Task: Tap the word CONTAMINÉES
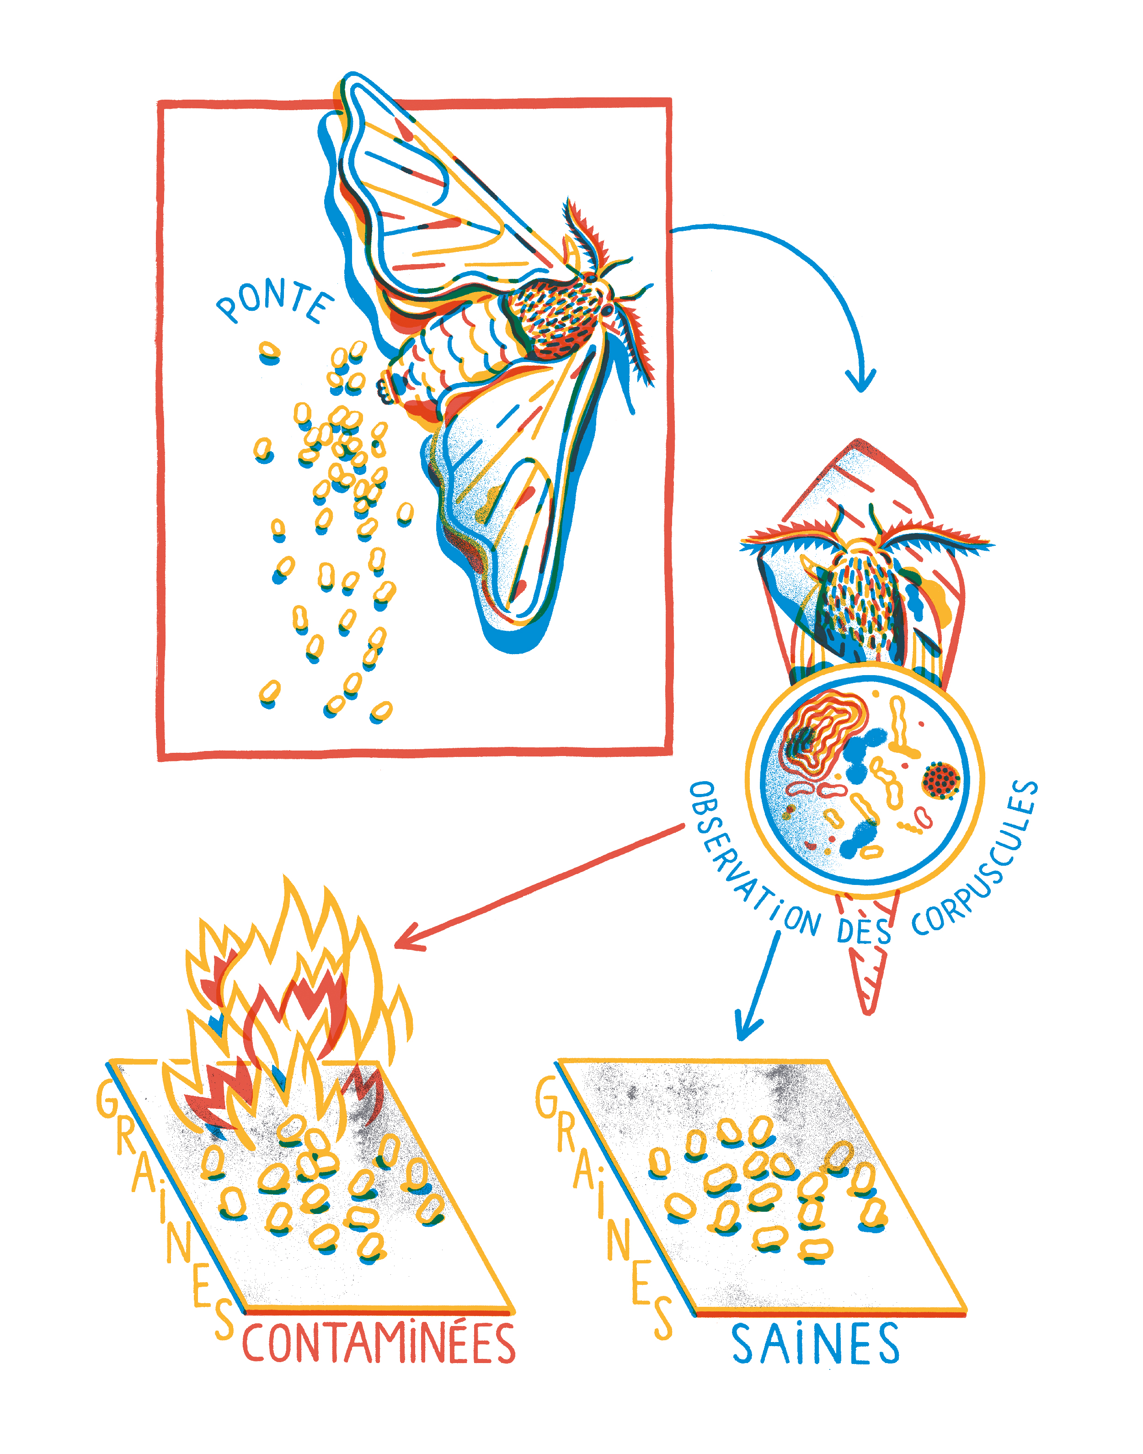379,1342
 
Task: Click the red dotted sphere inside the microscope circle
941,779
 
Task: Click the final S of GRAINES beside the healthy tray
662,1317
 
